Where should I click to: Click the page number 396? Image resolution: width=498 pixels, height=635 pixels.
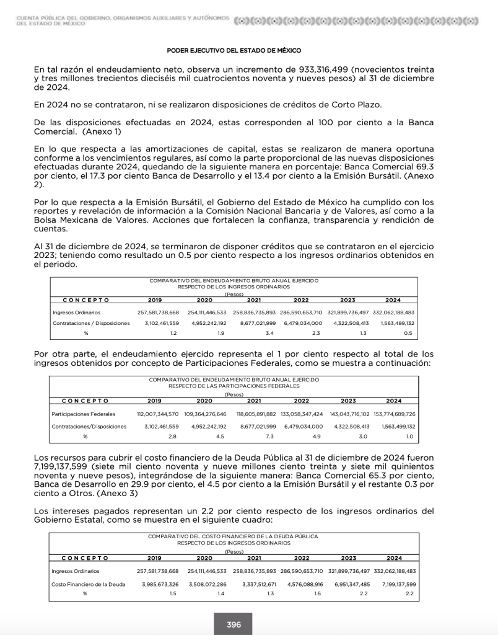(x=234, y=624)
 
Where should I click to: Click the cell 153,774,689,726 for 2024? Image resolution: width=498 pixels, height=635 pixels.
(x=394, y=414)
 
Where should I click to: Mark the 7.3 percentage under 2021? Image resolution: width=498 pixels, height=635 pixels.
(x=252, y=437)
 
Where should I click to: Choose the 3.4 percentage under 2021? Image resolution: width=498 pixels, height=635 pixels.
(x=252, y=333)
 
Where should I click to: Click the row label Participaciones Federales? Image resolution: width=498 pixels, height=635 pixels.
(x=84, y=414)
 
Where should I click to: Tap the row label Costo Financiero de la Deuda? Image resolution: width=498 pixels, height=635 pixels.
(x=89, y=584)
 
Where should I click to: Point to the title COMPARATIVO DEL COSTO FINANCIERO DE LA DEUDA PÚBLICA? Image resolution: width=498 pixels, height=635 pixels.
(x=233, y=536)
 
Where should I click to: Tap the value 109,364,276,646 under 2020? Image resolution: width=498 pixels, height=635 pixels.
(x=204, y=414)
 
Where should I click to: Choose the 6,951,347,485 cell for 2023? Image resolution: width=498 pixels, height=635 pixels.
(x=348, y=584)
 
